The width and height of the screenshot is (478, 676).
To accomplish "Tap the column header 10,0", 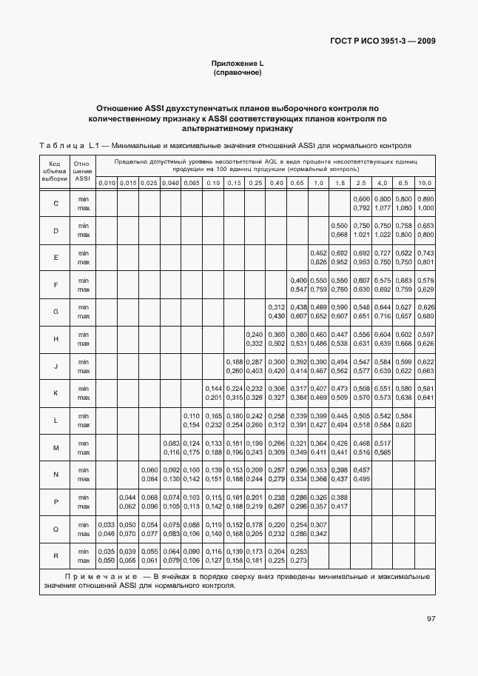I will (x=425, y=182).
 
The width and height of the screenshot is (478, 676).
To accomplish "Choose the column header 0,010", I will (x=107, y=182).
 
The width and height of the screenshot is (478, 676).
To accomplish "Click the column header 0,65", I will (x=297, y=182).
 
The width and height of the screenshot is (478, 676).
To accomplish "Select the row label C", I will (x=55, y=204).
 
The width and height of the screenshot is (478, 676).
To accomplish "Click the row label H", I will (x=55, y=338).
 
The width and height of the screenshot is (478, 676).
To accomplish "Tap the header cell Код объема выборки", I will (x=55, y=170).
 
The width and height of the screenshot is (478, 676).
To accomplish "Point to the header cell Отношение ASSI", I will (x=82, y=170).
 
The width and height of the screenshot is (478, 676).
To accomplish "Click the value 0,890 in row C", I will (x=425, y=199).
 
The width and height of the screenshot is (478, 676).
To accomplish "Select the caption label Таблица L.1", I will (x=68, y=145).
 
